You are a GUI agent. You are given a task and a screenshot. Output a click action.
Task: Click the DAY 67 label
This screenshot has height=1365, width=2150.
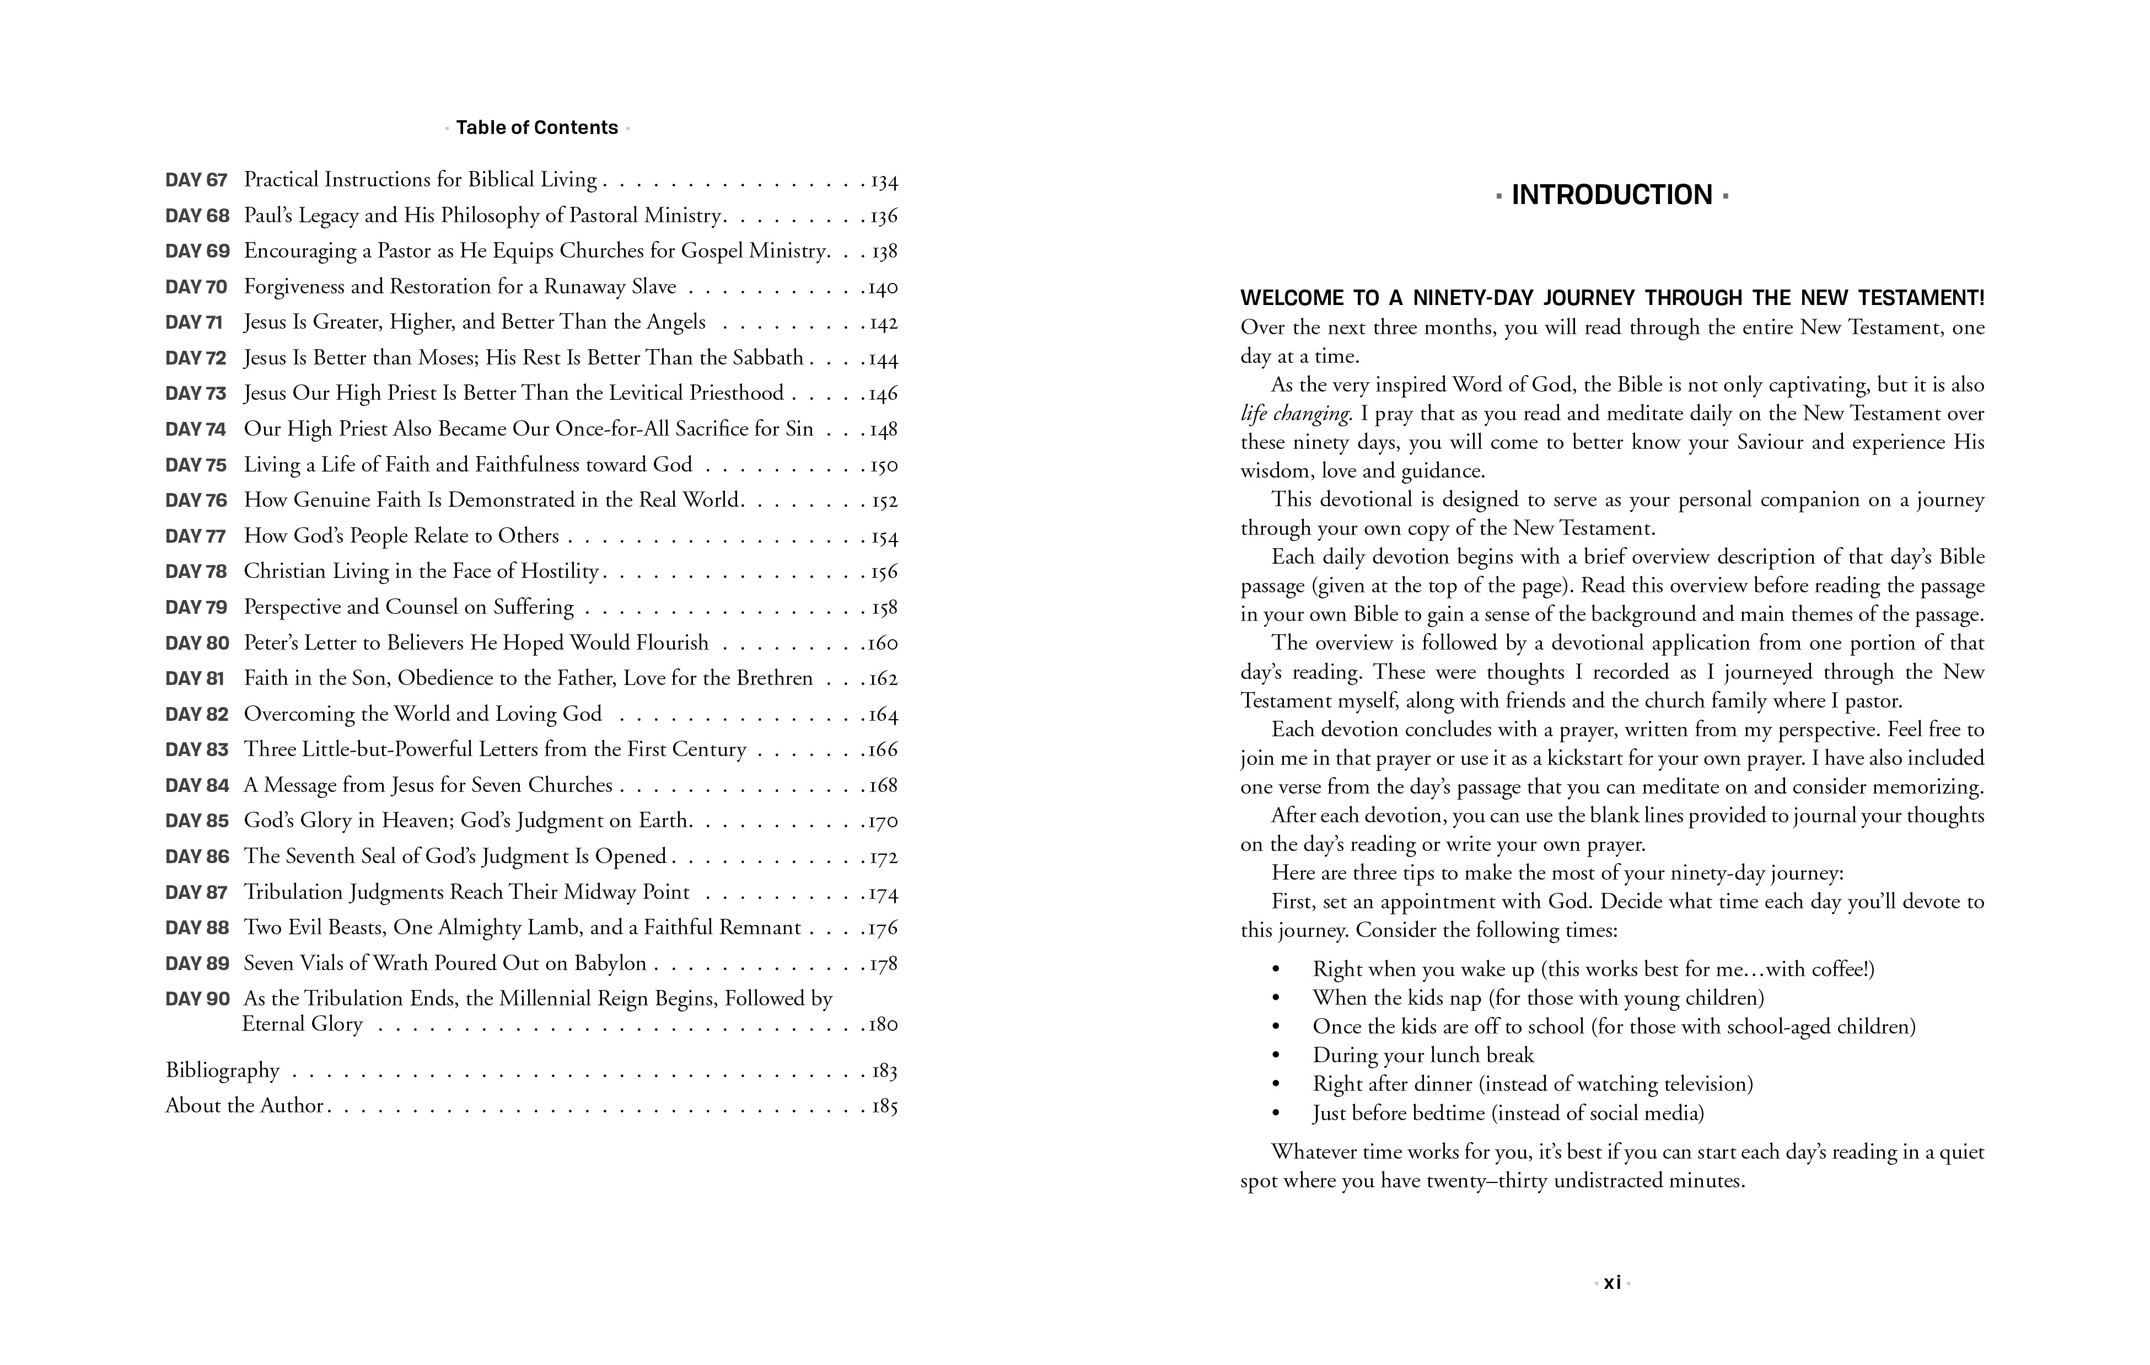[x=196, y=180]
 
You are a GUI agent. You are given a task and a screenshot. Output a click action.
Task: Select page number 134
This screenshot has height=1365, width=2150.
[x=884, y=181]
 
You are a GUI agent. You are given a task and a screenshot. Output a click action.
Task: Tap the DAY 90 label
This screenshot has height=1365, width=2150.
[x=197, y=999]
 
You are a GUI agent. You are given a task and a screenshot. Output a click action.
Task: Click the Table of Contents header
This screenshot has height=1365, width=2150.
[x=536, y=128]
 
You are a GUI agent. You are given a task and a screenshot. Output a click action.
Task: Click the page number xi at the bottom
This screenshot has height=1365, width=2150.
[x=1611, y=1283]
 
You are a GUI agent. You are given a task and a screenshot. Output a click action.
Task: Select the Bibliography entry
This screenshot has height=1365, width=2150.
[x=222, y=1070]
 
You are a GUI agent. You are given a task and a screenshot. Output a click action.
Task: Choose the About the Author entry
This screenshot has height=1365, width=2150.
[x=244, y=1106]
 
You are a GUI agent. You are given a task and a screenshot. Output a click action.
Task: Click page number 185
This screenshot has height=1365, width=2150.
[x=884, y=1107]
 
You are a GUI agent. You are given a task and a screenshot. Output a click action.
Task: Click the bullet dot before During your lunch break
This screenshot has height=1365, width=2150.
[x=1276, y=1056]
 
